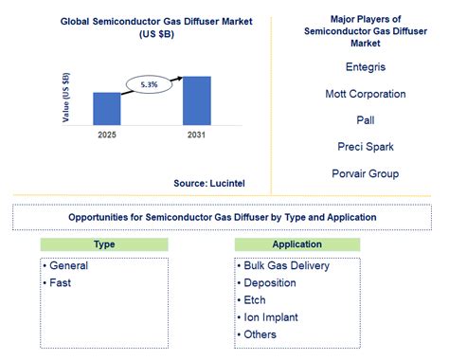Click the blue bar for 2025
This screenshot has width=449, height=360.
pos(107,107)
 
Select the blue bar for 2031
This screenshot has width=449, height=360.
pos(196,99)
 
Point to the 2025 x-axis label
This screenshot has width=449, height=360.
pos(107,134)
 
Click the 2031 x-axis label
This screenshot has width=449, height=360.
pos(196,134)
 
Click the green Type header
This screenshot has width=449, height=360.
pos(104,244)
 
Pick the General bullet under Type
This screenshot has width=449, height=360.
pos(68,265)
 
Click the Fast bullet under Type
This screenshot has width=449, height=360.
pos(60,282)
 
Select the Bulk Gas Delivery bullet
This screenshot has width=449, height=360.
pos(286,265)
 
